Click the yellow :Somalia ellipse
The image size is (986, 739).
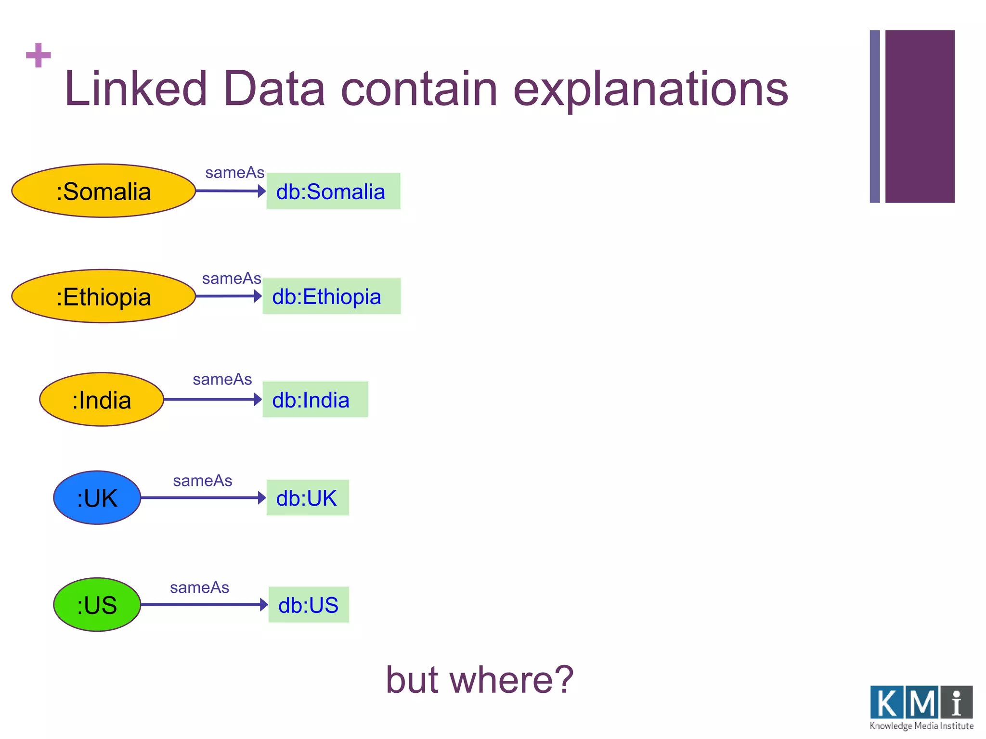coord(104,191)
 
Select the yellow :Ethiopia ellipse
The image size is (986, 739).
coord(104,296)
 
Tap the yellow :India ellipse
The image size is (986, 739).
coord(102,399)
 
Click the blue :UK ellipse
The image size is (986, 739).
coord(97,497)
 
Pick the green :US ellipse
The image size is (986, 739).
coord(97,605)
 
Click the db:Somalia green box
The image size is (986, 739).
coord(333,191)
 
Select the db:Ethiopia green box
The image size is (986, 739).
coord(331,296)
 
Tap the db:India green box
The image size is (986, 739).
coord(315,400)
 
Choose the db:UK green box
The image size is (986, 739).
coord(308,498)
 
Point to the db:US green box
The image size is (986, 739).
coord(309,605)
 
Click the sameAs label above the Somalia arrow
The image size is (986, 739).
coord(234,173)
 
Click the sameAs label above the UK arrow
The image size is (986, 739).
coord(202,481)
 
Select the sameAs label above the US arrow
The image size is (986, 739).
coord(199,587)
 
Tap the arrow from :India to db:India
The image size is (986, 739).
coord(212,399)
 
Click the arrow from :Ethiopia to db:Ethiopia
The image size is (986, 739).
coord(228,296)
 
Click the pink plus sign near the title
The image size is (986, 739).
coord(39,55)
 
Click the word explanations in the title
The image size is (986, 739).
coord(650,89)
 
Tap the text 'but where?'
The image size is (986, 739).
coord(480,680)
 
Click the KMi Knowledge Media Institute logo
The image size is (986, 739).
coord(921,707)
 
